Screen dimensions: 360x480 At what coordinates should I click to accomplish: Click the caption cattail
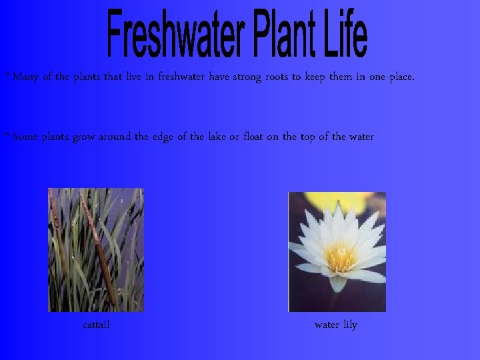coord(96,325)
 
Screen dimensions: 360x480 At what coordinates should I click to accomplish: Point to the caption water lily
coord(336,325)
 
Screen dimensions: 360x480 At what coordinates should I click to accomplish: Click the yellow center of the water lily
coord(340,256)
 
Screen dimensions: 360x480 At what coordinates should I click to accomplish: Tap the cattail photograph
coord(95,250)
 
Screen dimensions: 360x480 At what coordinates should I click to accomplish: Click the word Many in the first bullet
coord(25,77)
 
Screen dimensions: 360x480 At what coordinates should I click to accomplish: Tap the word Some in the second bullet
coord(25,137)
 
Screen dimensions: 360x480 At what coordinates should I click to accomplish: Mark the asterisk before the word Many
coord(7,75)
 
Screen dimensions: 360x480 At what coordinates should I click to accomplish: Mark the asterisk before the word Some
coord(7,135)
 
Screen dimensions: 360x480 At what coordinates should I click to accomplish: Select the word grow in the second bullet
coord(83,138)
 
